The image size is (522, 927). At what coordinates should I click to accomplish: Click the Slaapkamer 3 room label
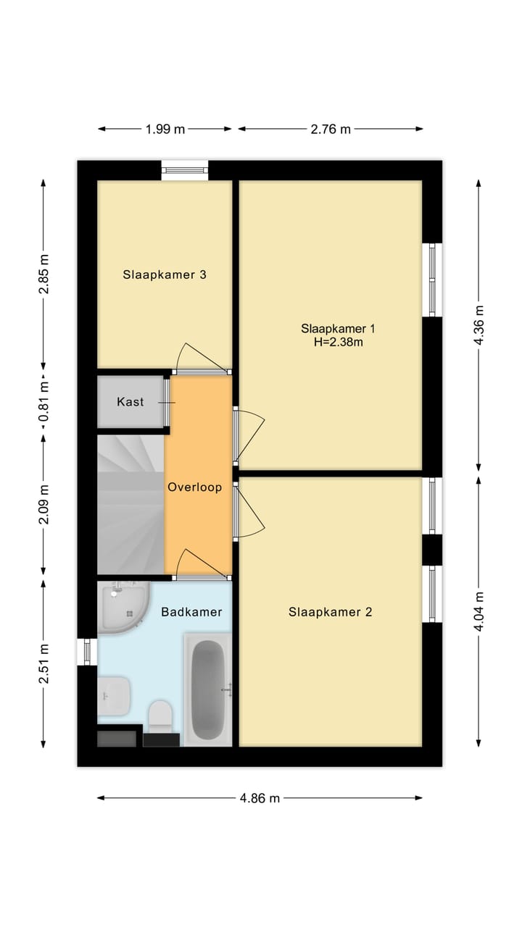point(165,275)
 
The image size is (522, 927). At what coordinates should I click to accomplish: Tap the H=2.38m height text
point(332,342)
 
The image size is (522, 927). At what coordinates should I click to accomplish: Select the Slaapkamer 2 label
point(330,612)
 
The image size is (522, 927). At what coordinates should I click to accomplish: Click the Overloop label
point(194,487)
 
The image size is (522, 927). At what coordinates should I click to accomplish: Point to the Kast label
point(130,402)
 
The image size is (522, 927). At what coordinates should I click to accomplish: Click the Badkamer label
point(191,612)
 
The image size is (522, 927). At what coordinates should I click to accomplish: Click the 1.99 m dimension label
point(165,130)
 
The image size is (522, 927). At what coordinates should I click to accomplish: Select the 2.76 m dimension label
point(331,130)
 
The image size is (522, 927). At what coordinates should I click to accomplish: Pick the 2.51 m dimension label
point(43,664)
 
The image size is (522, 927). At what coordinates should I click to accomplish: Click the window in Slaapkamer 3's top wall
point(184,170)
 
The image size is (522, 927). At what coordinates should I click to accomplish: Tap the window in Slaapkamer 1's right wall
point(433,280)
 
